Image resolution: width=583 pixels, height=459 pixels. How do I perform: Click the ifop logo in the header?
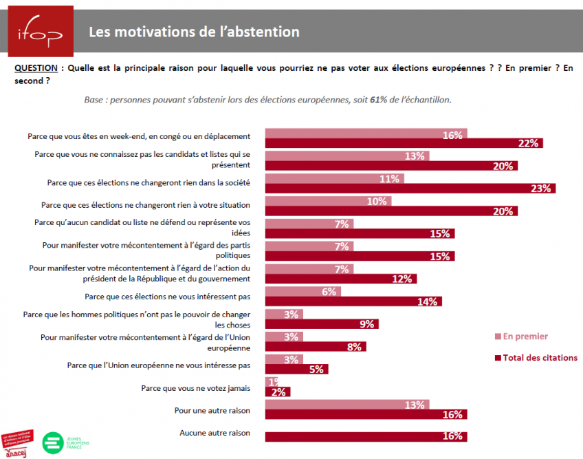pyautogui.click(x=41, y=30)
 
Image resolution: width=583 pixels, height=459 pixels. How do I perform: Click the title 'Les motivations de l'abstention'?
pyautogui.click(x=194, y=32)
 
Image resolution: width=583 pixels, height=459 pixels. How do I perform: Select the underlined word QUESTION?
pyautogui.click(x=36, y=68)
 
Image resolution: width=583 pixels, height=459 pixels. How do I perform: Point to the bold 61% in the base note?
pyautogui.click(x=378, y=100)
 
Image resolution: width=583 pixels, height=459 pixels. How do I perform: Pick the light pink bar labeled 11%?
pyautogui.click(x=334, y=179)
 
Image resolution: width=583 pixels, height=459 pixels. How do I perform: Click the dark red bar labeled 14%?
pyautogui.click(x=353, y=301)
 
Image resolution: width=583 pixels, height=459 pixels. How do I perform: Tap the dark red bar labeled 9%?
pyautogui.click(x=321, y=324)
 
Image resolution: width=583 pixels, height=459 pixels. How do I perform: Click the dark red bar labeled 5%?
pyautogui.click(x=296, y=369)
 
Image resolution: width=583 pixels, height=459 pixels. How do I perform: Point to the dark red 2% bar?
pyautogui.click(x=278, y=392)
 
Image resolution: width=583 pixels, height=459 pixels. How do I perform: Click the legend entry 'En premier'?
pyautogui.click(x=525, y=337)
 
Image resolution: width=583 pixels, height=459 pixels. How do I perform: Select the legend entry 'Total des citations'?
pyautogui.click(x=540, y=358)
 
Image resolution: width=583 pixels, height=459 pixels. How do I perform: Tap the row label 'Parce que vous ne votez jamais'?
pyautogui.click(x=195, y=388)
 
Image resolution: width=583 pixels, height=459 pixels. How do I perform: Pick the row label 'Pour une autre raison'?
pyautogui.click(x=212, y=411)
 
